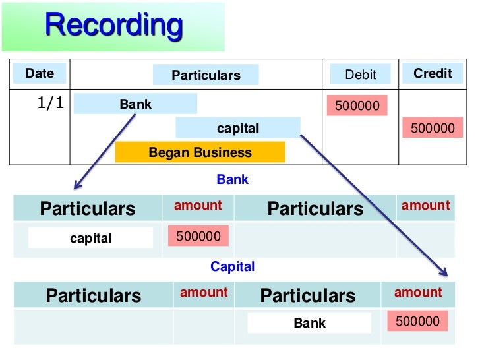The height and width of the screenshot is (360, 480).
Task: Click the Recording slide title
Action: tap(113, 25)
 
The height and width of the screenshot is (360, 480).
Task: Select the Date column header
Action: tap(40, 73)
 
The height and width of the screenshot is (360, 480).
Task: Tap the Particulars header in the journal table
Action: tap(206, 75)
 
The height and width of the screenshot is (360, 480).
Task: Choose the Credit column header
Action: tap(433, 73)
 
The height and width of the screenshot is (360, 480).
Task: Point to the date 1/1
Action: tap(50, 104)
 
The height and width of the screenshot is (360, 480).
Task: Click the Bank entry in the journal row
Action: tap(135, 104)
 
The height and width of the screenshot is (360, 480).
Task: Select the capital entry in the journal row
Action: tap(238, 128)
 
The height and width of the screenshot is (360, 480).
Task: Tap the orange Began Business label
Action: tap(200, 152)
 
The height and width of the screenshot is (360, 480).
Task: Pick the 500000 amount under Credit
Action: tap(433, 128)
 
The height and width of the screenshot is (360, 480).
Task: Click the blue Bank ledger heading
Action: tap(232, 179)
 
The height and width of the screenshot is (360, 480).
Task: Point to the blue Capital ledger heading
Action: tap(232, 267)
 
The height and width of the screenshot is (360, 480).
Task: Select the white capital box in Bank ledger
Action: tap(90, 238)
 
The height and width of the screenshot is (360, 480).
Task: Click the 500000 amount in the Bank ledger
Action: tap(198, 236)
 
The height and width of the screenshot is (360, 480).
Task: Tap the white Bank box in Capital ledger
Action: tap(309, 323)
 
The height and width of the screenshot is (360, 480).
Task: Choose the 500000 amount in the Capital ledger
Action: tap(417, 321)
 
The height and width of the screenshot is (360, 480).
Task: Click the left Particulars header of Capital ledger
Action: tap(93, 295)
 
